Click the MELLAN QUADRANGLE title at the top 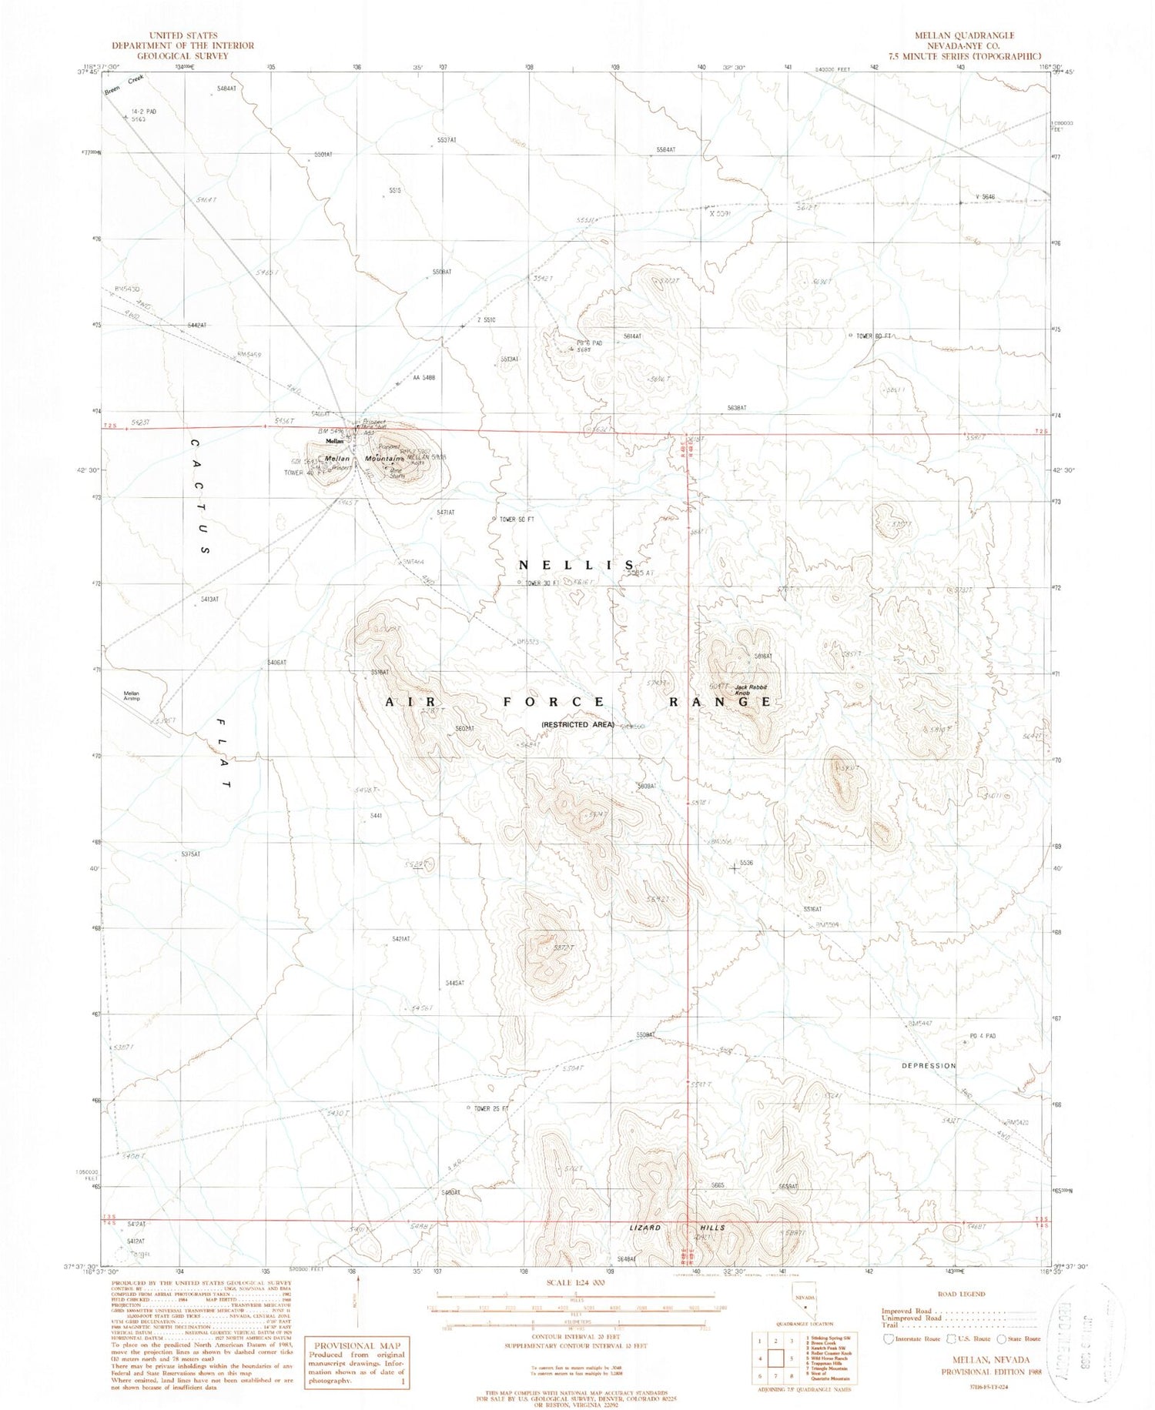click(x=974, y=35)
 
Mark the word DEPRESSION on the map click(x=929, y=1066)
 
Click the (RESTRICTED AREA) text click(x=577, y=724)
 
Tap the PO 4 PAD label click(x=983, y=1037)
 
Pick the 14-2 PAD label click(x=143, y=112)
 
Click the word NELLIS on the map click(x=577, y=565)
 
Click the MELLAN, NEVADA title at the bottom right click(x=973, y=1361)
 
